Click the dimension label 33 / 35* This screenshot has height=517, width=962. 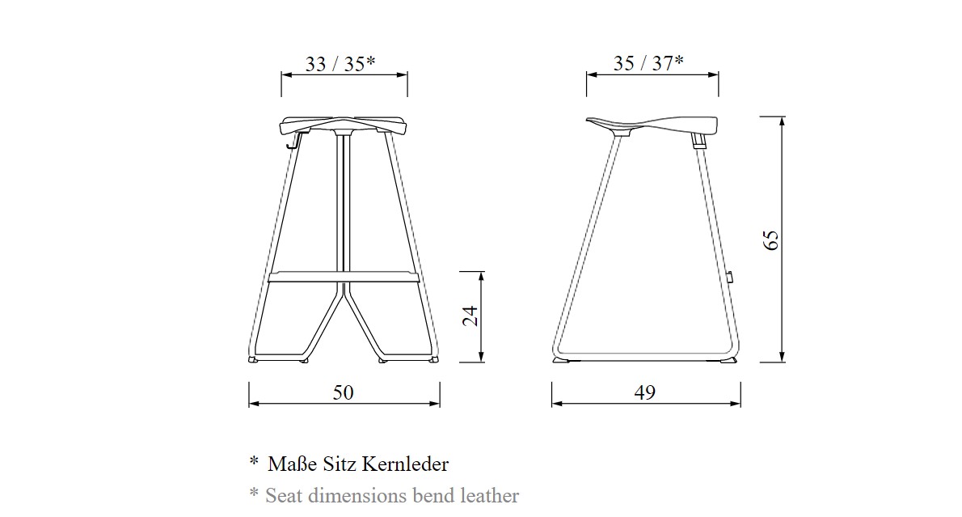click(x=340, y=63)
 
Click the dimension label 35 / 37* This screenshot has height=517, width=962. click(x=648, y=62)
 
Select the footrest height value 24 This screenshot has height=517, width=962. click(x=470, y=316)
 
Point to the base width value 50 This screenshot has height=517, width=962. click(x=344, y=392)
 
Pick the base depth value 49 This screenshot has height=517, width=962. click(x=645, y=392)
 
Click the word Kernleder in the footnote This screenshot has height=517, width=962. click(x=405, y=464)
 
